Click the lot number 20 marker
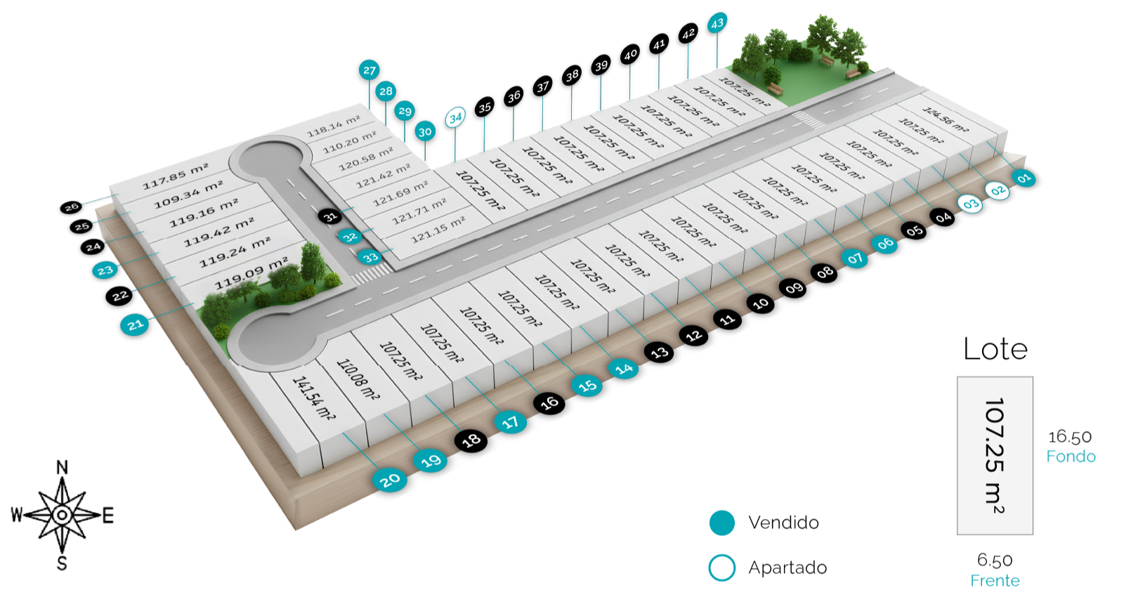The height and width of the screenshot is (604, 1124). (x=391, y=480)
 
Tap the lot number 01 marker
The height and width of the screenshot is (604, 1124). (x=1024, y=178)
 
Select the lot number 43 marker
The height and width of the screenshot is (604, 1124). (x=717, y=23)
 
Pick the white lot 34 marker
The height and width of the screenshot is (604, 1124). (x=455, y=117)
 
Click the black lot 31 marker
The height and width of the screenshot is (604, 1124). (x=330, y=216)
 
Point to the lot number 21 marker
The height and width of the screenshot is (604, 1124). (x=135, y=324)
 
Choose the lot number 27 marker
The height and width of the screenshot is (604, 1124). (x=370, y=70)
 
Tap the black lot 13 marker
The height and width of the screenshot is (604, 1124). (x=659, y=352)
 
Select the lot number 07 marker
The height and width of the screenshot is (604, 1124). (x=854, y=258)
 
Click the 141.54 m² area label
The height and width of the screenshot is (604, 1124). (x=313, y=398)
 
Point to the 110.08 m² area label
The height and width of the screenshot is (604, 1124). (x=358, y=380)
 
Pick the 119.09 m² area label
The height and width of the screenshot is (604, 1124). (x=251, y=273)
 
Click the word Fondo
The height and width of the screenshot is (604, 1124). (x=1071, y=457)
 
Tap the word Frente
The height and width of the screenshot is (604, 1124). (x=995, y=581)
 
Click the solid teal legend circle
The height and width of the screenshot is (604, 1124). (x=721, y=523)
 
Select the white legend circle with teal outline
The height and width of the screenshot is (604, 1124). (x=721, y=567)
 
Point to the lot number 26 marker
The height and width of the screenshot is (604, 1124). (x=72, y=207)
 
